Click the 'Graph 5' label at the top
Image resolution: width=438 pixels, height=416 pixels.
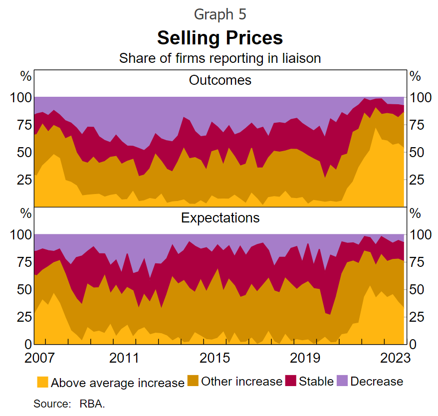(220, 14)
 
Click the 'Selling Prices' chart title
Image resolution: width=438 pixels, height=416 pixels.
(220, 37)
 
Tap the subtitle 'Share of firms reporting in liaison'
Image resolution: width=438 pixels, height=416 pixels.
(220, 58)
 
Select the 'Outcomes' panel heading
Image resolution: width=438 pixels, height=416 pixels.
(220, 80)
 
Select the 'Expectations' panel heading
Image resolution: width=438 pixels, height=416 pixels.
(220, 218)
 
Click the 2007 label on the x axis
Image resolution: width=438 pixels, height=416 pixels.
(39, 359)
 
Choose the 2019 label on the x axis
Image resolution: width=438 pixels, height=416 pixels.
(302, 359)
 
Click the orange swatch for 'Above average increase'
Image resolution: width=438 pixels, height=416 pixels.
(43, 382)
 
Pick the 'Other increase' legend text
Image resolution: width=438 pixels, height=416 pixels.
(241, 382)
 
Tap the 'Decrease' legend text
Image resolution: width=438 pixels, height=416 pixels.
(377, 382)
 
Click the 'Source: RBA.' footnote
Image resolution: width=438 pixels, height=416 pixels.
(69, 404)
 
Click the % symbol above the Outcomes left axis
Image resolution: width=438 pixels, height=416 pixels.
(25, 76)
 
